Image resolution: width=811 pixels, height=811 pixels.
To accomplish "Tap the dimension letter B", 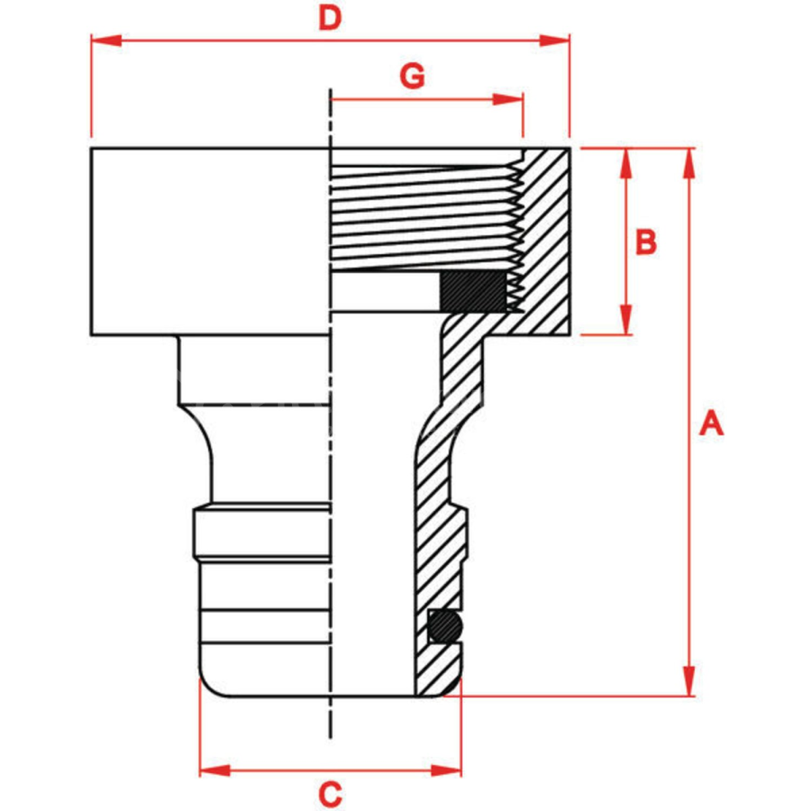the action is click(646, 242).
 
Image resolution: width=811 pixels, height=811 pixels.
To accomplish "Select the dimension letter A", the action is click(711, 424).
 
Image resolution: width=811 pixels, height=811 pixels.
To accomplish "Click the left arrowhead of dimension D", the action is click(106, 41).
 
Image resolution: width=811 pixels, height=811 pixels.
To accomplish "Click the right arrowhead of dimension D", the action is click(555, 41).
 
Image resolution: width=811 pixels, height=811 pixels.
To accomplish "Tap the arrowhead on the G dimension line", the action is click(508, 100).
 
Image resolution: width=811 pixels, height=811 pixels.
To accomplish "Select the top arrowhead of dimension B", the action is click(626, 163).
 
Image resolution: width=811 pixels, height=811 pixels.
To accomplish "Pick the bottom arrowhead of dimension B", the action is click(626, 320).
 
